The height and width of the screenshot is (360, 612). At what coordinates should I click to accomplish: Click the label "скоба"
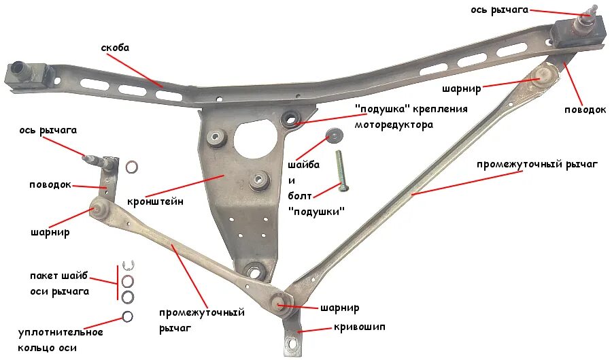click(115, 48)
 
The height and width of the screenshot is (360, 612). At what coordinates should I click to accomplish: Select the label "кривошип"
click(359, 327)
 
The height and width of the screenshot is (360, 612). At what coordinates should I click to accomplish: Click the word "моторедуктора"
click(393, 125)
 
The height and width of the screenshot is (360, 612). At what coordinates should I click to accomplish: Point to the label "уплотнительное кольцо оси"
click(61, 340)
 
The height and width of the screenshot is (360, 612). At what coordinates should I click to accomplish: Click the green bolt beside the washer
click(341, 169)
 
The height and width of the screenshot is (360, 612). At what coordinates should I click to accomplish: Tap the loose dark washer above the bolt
click(335, 134)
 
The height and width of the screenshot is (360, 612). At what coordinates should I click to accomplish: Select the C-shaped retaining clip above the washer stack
click(126, 266)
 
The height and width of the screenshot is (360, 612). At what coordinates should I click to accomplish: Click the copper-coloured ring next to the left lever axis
click(131, 167)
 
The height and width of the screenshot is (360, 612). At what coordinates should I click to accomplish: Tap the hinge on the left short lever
click(98, 210)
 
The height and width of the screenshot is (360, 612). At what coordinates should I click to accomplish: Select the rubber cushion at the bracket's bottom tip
click(256, 272)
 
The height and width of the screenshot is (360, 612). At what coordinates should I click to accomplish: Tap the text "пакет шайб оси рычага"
click(59, 284)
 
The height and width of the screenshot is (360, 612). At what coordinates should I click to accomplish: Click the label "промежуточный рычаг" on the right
click(537, 164)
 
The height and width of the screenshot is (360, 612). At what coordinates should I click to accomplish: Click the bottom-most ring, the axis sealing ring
click(127, 316)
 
